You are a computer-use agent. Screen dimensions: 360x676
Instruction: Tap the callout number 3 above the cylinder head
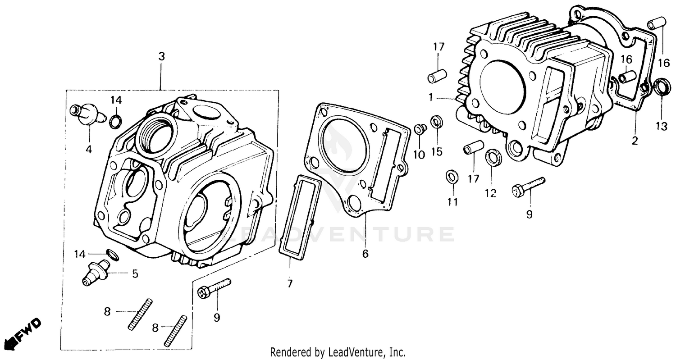pyautogui.click(x=161, y=57)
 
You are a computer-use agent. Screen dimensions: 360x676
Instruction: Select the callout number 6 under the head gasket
pyautogui.click(x=365, y=254)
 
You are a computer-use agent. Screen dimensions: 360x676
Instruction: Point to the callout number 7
pyautogui.click(x=290, y=284)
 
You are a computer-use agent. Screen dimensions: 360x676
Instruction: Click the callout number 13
pyautogui.click(x=661, y=127)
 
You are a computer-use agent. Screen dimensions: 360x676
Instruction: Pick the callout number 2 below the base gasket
pyautogui.click(x=635, y=141)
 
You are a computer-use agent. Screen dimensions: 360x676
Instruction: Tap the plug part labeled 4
pyautogui.click(x=87, y=114)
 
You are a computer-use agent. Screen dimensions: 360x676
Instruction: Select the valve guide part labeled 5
pyautogui.click(x=96, y=273)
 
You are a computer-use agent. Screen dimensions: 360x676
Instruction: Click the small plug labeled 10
pyautogui.click(x=420, y=129)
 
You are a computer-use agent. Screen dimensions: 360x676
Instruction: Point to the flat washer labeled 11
pyautogui.click(x=452, y=177)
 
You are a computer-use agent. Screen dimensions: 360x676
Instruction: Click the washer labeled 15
pyautogui.click(x=436, y=122)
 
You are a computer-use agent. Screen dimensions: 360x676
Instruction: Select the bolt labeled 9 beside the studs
pyautogui.click(x=214, y=288)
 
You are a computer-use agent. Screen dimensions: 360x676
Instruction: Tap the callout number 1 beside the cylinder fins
pyautogui.click(x=431, y=97)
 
